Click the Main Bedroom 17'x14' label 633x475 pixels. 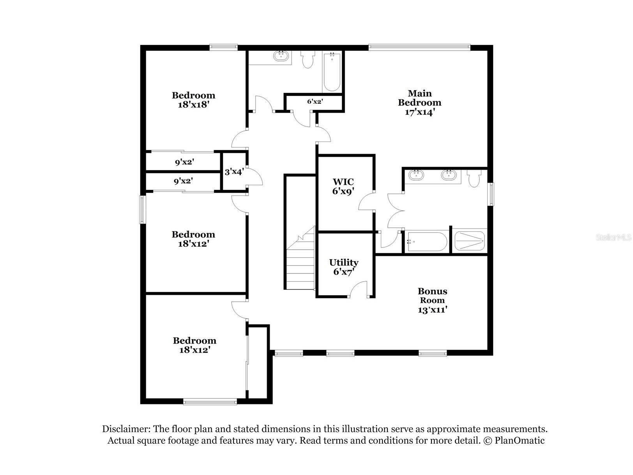coord(419,103)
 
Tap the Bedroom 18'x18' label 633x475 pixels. coord(193,100)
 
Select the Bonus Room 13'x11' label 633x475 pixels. coord(432,300)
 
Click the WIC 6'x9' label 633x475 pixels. coord(343,186)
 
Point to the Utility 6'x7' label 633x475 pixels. coord(343,267)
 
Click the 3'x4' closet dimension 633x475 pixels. coord(234,172)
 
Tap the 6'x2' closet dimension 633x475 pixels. coord(315,102)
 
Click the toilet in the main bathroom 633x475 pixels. coord(474,179)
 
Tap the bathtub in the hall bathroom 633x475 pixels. coord(332,72)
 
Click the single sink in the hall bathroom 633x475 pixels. coord(281,56)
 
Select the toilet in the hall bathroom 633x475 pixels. coord(308,60)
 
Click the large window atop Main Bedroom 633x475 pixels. coord(419,48)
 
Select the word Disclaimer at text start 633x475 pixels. coord(126,429)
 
